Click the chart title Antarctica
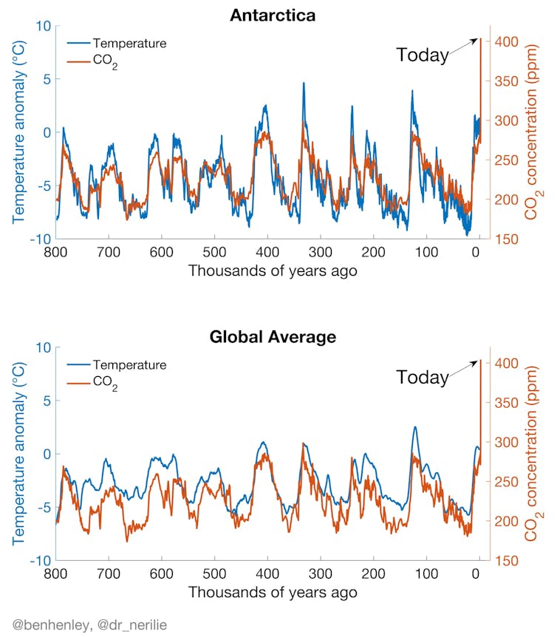(x=273, y=14)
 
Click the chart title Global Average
(x=273, y=337)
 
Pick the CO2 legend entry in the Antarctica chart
(x=106, y=64)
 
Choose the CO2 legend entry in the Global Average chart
(x=106, y=385)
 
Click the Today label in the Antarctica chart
(x=422, y=55)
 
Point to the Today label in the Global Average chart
(x=422, y=377)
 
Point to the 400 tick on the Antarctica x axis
(x=267, y=253)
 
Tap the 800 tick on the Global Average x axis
(x=55, y=574)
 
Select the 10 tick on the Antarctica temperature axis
(x=42, y=26)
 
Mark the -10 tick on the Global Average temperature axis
(x=38, y=560)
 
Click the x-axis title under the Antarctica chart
(x=273, y=271)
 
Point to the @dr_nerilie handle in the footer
(x=130, y=625)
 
